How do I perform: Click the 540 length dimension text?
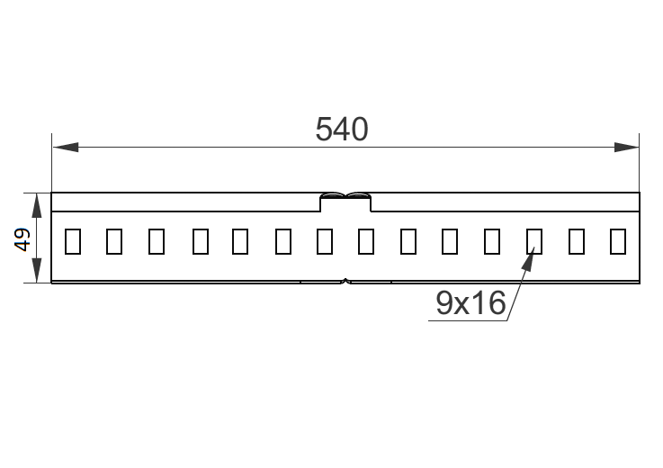click(342, 130)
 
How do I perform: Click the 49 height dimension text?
click(23, 238)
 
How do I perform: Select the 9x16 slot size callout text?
click(470, 303)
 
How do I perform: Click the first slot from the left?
click(73, 241)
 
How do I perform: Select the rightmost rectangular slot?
click(618, 241)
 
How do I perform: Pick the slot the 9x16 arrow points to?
click(534, 241)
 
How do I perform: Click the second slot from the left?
click(114, 241)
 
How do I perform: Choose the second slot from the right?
click(577, 241)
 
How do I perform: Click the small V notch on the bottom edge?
click(346, 282)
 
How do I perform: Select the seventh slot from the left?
click(325, 241)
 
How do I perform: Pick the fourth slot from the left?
click(200, 241)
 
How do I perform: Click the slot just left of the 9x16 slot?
click(492, 241)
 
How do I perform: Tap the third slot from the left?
click(157, 241)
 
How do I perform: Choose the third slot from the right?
click(534, 241)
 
